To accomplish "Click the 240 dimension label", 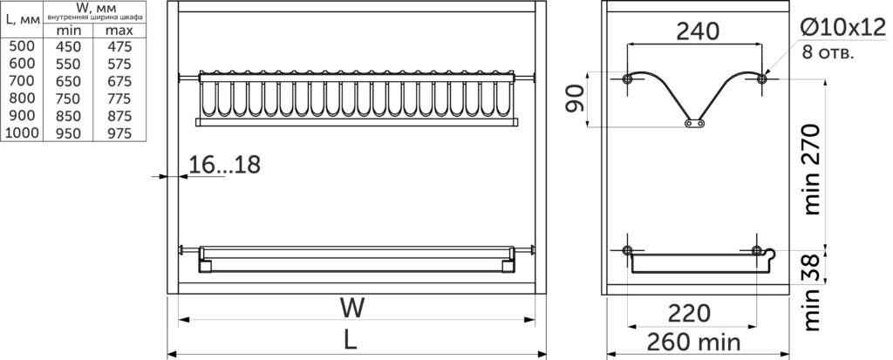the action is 698,31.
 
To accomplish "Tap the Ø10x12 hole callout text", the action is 842,28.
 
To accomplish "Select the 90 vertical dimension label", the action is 576,98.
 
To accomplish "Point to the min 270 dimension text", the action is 812,169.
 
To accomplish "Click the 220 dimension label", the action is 689,313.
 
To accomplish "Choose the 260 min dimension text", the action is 693,342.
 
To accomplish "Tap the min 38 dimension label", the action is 812,292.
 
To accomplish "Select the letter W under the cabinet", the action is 353,309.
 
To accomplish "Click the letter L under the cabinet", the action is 351,340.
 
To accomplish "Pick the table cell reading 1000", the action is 22,133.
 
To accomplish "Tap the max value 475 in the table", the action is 119,46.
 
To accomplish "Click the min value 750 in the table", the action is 68,98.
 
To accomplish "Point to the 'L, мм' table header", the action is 22,18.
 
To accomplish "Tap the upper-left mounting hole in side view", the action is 627,79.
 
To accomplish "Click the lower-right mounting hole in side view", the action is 756,250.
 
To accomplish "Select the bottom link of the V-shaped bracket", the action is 694,122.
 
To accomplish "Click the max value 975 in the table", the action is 119,133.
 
